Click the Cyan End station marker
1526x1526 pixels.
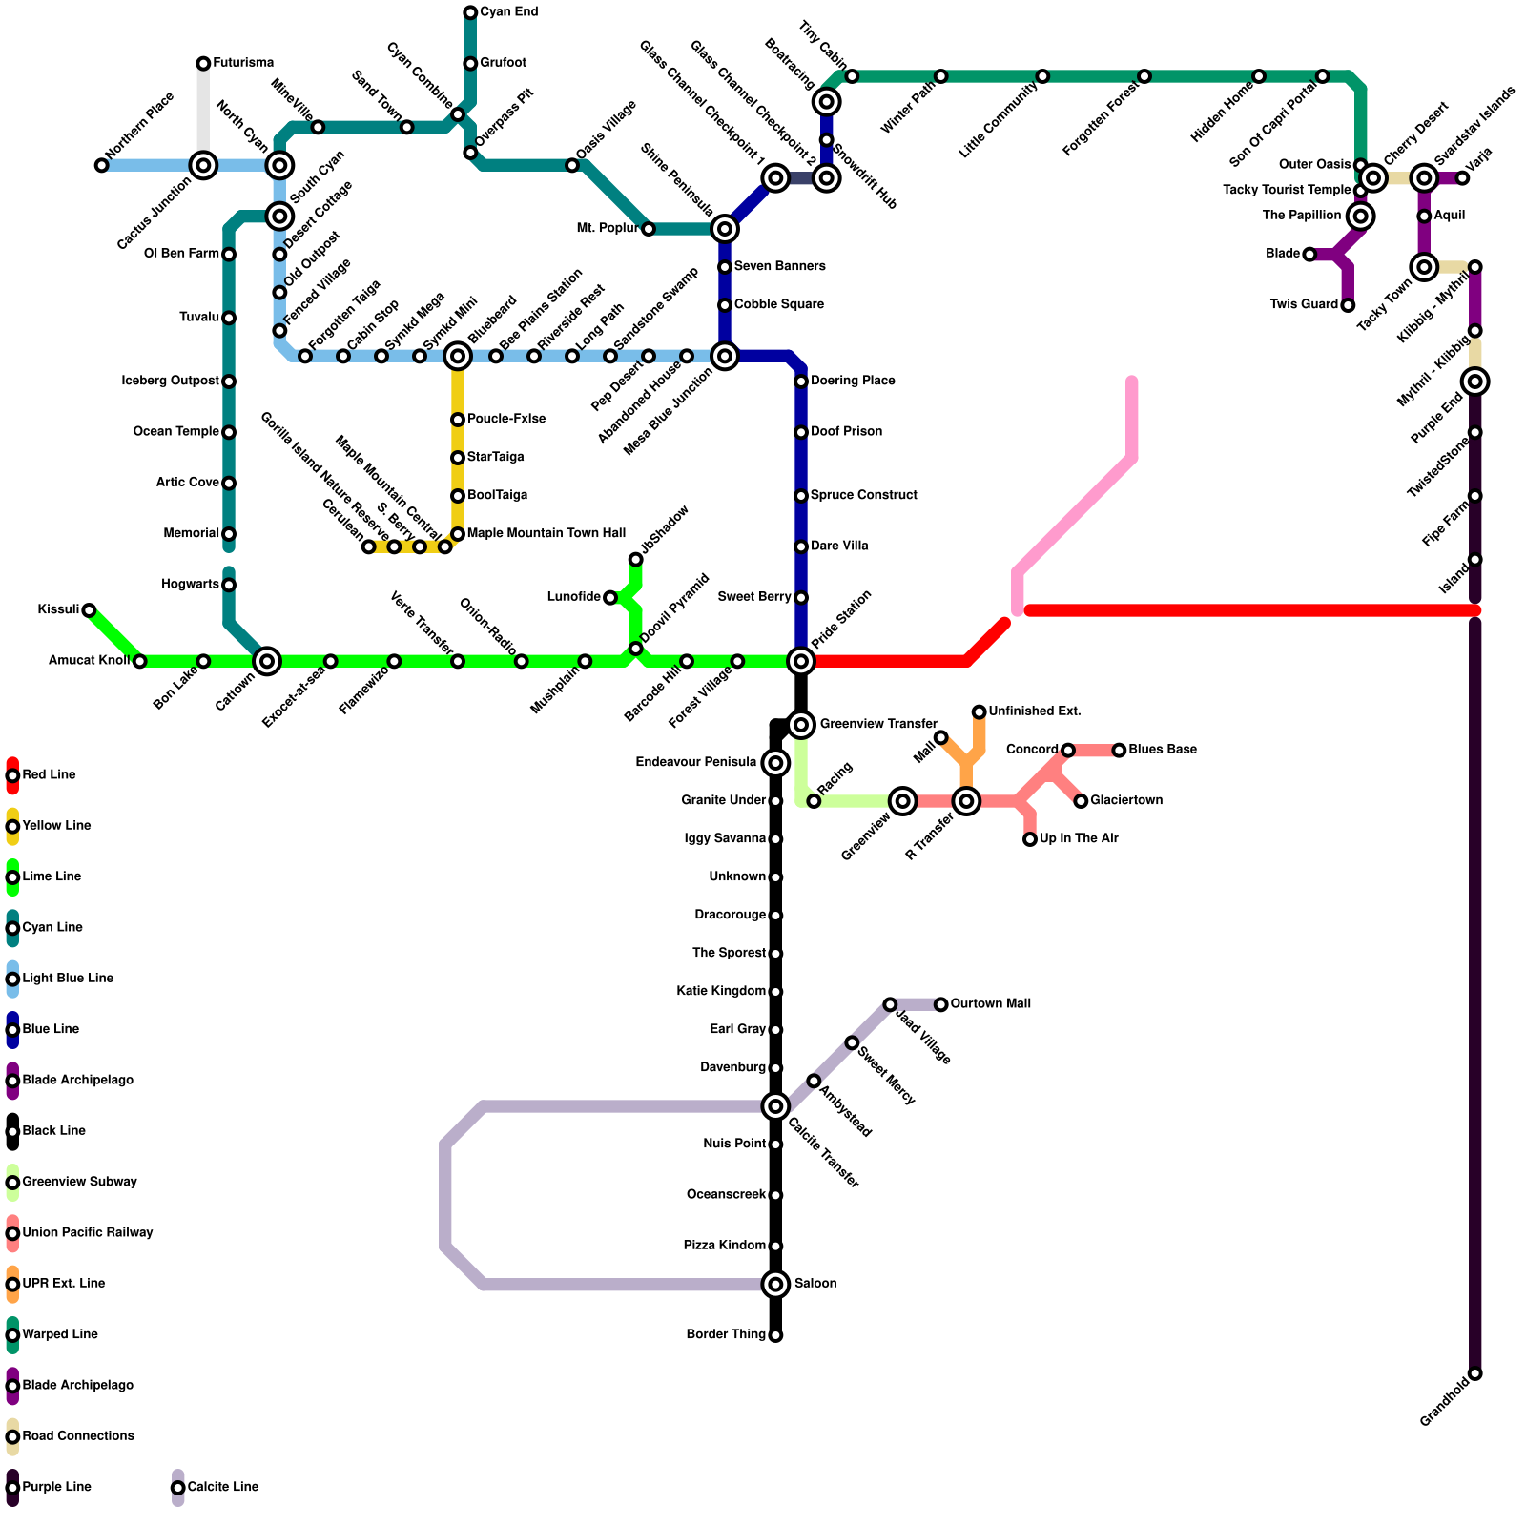[x=470, y=12]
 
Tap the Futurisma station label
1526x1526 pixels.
[x=243, y=63]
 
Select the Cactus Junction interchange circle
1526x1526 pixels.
[x=203, y=166]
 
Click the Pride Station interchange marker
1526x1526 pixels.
[x=801, y=661]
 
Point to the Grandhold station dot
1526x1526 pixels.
[x=1475, y=1374]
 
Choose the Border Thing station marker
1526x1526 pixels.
[x=776, y=1335]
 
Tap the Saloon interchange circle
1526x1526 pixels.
[x=776, y=1285]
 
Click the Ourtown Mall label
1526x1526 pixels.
[x=991, y=1004]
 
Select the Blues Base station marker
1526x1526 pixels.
[x=1119, y=751]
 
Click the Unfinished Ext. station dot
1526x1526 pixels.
[x=980, y=712]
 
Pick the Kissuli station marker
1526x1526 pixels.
[x=89, y=610]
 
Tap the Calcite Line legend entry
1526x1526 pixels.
[x=222, y=1488]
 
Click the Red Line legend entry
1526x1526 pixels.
[x=49, y=775]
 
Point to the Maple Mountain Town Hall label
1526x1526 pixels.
[x=546, y=534]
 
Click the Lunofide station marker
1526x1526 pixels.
[x=610, y=598]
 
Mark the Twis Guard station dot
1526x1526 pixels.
[x=1348, y=305]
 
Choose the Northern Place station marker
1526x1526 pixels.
[x=102, y=166]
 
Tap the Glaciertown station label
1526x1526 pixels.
[x=1126, y=801]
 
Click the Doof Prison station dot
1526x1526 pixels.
[x=801, y=433]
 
